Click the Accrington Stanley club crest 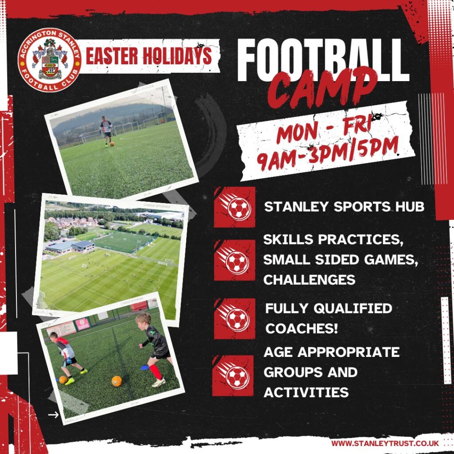click(49, 60)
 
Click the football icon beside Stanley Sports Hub click(235, 207)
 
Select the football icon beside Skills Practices click(235, 260)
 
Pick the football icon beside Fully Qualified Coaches click(235, 318)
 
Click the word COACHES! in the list click(302, 329)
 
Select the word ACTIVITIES click(305, 392)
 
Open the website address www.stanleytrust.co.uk click(385, 443)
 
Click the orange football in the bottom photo click(117, 380)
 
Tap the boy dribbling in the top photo click(106, 131)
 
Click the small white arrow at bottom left click(53, 415)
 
